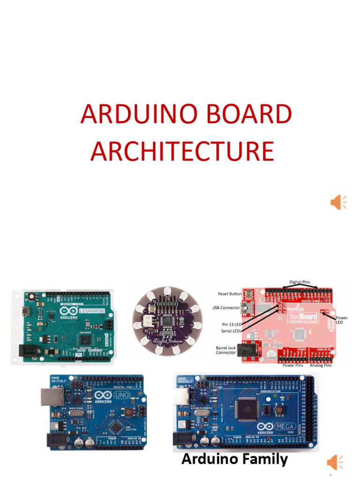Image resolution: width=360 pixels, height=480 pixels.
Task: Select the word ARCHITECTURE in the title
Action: (x=182, y=151)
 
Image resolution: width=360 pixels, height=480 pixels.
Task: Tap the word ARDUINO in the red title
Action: (x=132, y=115)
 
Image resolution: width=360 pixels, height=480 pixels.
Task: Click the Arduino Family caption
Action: (x=234, y=459)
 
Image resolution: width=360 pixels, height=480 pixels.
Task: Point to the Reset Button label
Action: (x=230, y=294)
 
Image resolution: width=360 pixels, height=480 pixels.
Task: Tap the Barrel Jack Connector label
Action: (x=225, y=350)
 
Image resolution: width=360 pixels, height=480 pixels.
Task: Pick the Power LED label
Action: (x=342, y=320)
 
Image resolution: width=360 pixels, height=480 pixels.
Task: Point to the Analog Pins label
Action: (x=321, y=366)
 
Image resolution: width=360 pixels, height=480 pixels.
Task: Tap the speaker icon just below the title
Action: (x=338, y=202)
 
